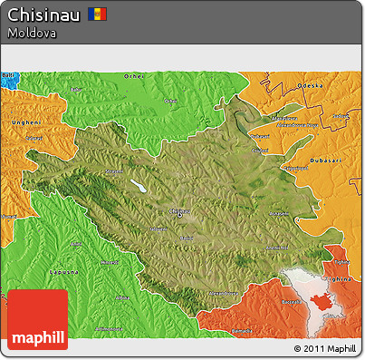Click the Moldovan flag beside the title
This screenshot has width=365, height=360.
pos(98,15)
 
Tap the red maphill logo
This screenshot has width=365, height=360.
pos(37,320)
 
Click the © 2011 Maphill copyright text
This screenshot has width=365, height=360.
pos(324,348)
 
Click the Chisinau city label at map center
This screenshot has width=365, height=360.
pos(179,210)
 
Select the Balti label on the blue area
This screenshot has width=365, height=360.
pos(8,76)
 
